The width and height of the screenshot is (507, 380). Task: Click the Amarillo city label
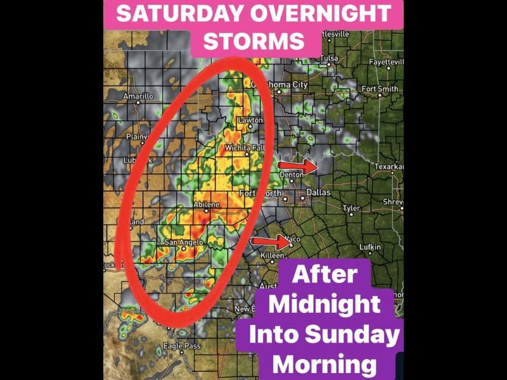[x=138, y=96]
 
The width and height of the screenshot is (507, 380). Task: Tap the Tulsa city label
[x=329, y=58]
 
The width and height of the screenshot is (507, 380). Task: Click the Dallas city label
[x=318, y=192]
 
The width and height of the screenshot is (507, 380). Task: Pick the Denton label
[x=292, y=174]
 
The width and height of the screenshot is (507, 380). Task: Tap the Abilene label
[x=206, y=204]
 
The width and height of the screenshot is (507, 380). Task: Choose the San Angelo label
[x=183, y=242]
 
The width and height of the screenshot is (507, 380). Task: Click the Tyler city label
[x=351, y=208]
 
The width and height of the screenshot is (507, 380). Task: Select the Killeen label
[x=273, y=255]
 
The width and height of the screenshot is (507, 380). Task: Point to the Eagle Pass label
[x=182, y=346]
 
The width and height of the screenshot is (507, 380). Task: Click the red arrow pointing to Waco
[x=269, y=241]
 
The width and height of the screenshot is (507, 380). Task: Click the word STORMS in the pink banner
[x=253, y=41]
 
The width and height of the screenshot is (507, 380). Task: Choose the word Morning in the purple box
[x=323, y=364]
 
